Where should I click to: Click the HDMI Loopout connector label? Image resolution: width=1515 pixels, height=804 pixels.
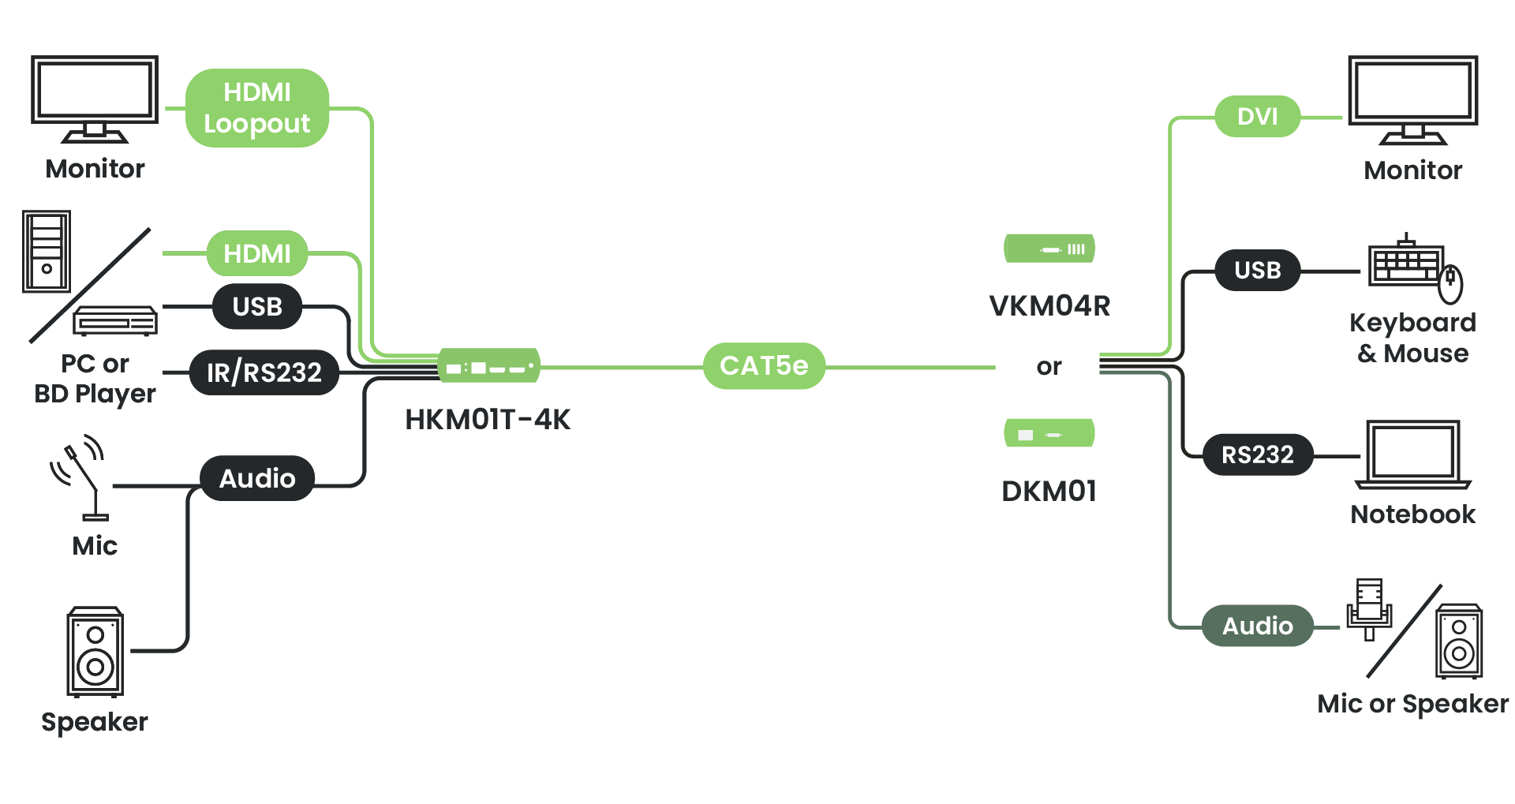[257, 108]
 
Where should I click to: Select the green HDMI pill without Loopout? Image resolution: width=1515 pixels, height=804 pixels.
[257, 253]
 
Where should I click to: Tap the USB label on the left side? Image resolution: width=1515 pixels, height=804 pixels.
[257, 306]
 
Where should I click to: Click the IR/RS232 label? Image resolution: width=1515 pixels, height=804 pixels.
[264, 372]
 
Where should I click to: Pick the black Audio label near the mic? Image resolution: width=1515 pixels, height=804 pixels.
[257, 478]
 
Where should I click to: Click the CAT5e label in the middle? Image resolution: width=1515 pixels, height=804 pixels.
[764, 366]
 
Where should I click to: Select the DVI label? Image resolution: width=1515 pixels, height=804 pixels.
[1257, 117]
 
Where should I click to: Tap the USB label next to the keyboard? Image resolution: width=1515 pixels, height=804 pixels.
[1257, 271]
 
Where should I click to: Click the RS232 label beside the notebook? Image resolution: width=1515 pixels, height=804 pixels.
[1257, 455]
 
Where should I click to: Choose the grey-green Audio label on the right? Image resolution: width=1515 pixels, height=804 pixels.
[1257, 626]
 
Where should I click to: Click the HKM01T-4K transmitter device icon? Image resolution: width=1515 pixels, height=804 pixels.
[489, 366]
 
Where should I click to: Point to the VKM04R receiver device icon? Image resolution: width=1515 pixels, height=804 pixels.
[1049, 249]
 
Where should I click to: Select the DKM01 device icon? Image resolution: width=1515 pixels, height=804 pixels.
[1049, 434]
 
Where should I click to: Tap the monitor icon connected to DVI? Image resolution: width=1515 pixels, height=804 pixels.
[1412, 99]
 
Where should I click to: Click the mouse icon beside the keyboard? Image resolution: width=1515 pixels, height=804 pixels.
[1450, 285]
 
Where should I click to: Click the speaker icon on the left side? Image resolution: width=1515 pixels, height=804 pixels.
[95, 652]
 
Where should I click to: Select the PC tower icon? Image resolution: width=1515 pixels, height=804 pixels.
[47, 252]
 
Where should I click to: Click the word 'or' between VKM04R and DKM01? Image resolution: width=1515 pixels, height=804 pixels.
[1049, 367]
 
